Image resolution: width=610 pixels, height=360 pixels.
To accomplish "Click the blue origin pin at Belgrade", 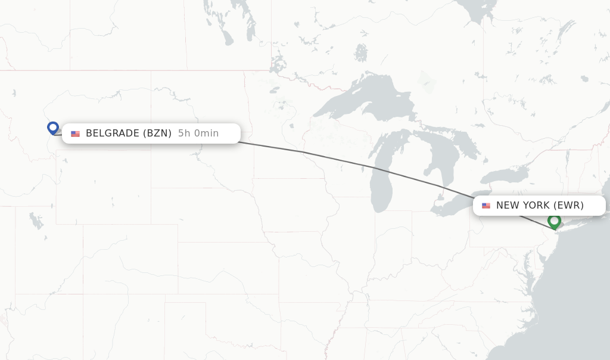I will pyautogui.click(x=53, y=128).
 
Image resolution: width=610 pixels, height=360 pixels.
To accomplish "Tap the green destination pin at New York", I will pyautogui.click(x=554, y=221).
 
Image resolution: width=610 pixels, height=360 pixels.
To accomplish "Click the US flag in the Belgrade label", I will pyautogui.click(x=75, y=134).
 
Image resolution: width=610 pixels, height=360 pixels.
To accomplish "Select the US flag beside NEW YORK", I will pyautogui.click(x=486, y=206).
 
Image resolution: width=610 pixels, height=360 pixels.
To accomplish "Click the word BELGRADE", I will pyautogui.click(x=112, y=134).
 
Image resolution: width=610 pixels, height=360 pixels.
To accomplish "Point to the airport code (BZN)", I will pyautogui.click(x=158, y=134).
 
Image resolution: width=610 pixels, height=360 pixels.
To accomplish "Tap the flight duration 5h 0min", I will pyautogui.click(x=198, y=134).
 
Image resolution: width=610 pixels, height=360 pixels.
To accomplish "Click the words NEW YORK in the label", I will pyautogui.click(x=522, y=206).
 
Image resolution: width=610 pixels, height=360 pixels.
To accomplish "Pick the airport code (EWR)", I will pyautogui.click(x=568, y=206).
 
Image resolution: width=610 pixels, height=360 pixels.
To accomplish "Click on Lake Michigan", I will pyautogui.click(x=381, y=185).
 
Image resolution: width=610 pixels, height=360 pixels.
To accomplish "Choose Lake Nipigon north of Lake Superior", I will pyautogui.click(x=360, y=52).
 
